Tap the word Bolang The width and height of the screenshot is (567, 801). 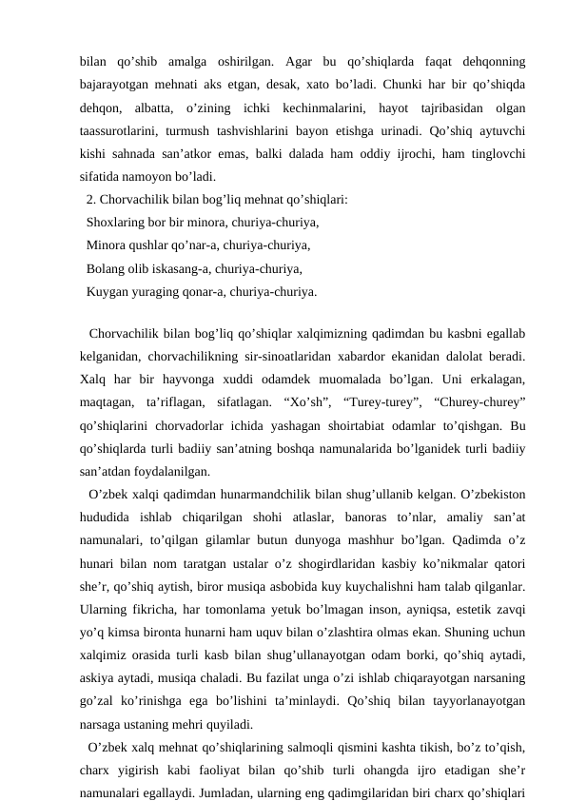click(106, 268)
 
